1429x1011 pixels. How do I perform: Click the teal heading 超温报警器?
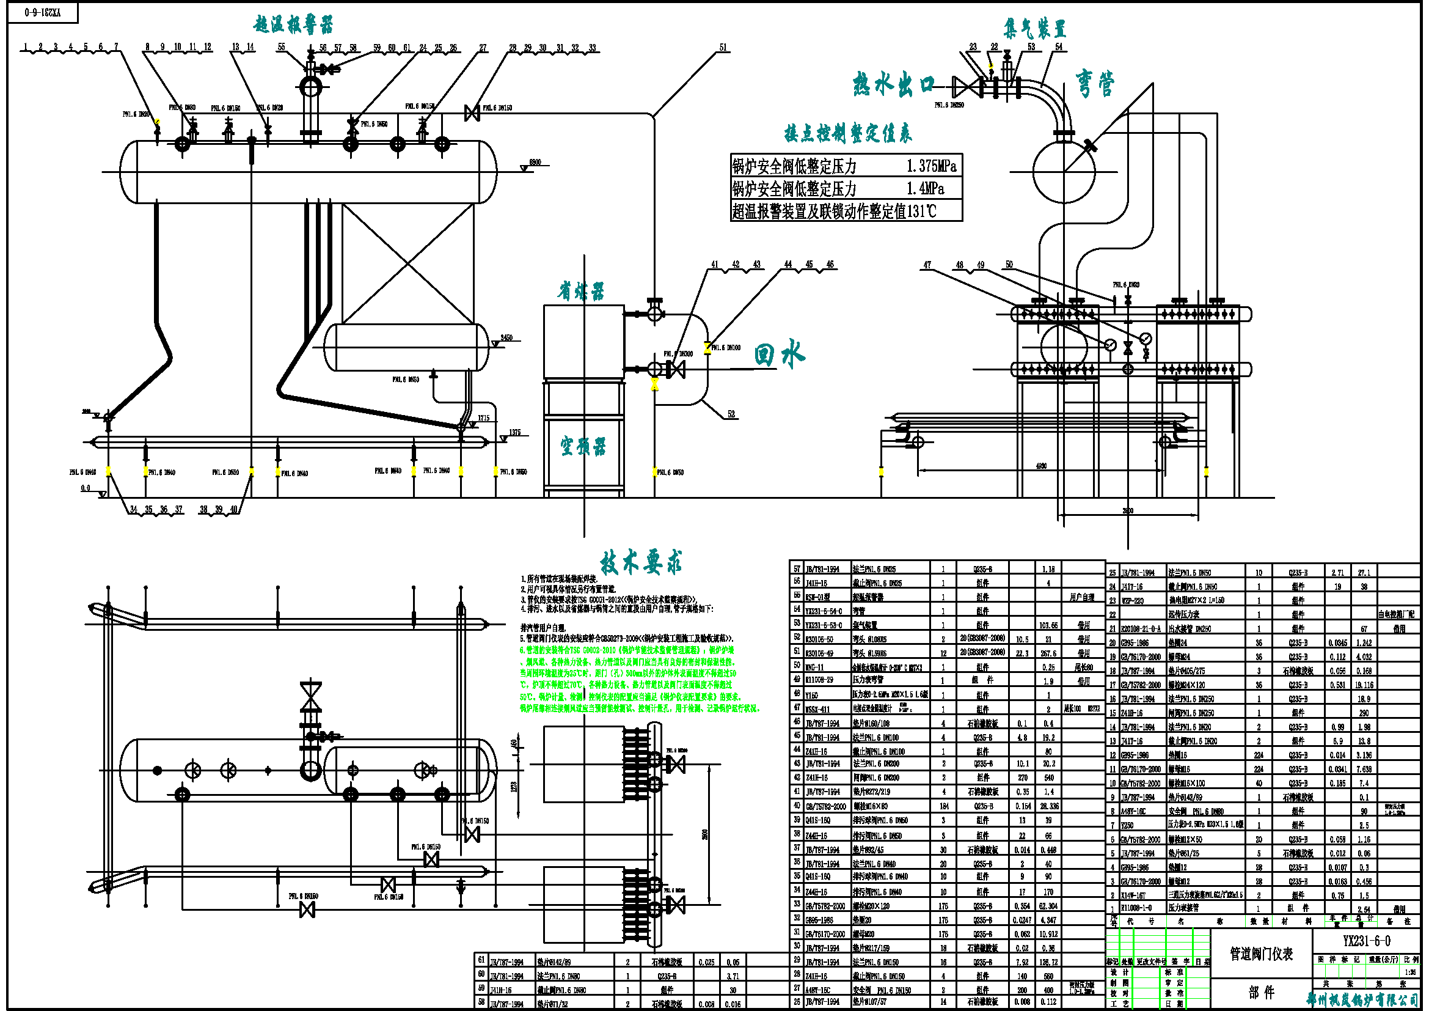(293, 25)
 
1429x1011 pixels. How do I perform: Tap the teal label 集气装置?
(1034, 29)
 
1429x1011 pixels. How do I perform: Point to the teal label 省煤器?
(580, 292)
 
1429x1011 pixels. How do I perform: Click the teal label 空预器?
(583, 446)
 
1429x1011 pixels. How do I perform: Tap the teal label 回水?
(779, 355)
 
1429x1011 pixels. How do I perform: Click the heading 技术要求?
(641, 562)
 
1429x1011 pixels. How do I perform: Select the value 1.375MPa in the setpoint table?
(931, 166)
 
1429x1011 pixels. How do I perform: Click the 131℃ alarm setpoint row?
(834, 211)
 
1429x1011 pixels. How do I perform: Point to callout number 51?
(723, 47)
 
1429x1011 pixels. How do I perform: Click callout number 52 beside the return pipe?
(731, 414)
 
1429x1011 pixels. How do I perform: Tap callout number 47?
(927, 265)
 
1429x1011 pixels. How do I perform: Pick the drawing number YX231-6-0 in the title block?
(1366, 941)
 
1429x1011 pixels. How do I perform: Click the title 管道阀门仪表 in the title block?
(1261, 954)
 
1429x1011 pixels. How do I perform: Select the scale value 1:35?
(1409, 972)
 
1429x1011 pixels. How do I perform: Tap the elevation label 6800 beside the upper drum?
(535, 163)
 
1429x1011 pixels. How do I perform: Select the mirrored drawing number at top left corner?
(42, 12)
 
